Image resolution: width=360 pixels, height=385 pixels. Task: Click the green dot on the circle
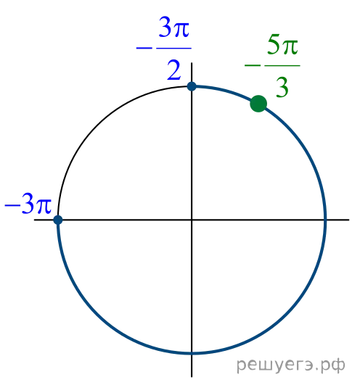click(x=258, y=104)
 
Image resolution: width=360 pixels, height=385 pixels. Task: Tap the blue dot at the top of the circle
click(x=192, y=86)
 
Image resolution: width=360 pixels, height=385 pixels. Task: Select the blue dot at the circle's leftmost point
click(x=58, y=220)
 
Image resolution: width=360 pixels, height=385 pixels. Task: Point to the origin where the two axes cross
click(x=192, y=220)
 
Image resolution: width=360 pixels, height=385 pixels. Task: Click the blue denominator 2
click(x=174, y=71)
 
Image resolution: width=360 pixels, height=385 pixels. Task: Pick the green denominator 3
click(x=282, y=88)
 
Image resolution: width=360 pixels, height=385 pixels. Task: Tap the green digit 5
click(x=274, y=44)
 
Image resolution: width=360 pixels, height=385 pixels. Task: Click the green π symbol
click(x=290, y=46)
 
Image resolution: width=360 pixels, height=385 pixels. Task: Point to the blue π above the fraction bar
click(x=181, y=30)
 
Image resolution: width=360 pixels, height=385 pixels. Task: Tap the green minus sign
click(x=253, y=65)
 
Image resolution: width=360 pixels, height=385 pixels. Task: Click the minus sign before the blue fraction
click(x=144, y=48)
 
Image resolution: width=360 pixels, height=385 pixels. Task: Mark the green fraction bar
click(x=282, y=65)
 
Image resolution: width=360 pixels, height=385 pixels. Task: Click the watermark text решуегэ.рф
click(x=291, y=365)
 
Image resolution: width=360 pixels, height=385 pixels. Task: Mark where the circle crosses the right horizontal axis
click(x=325, y=220)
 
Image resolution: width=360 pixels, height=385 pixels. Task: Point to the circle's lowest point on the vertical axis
click(x=192, y=353)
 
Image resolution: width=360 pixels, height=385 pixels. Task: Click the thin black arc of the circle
click(x=98, y=125)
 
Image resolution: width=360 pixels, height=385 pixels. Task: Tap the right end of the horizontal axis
click(x=348, y=220)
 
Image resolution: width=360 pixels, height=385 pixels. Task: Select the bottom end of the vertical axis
click(x=192, y=376)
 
